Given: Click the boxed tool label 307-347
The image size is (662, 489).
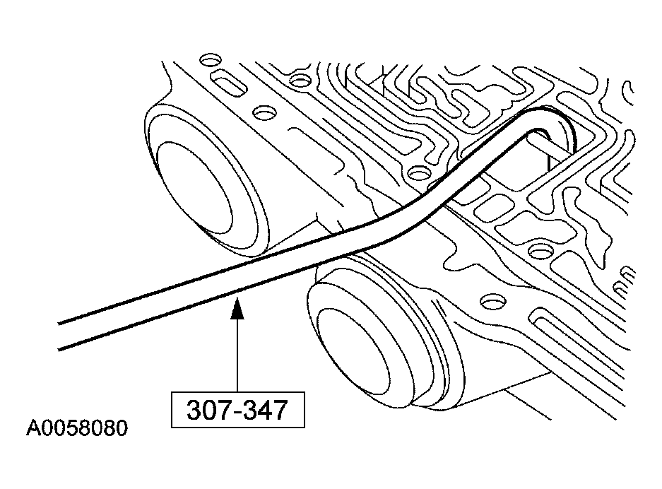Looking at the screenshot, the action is [x=237, y=411].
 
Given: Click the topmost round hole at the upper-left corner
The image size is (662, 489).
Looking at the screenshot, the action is [x=208, y=59].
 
